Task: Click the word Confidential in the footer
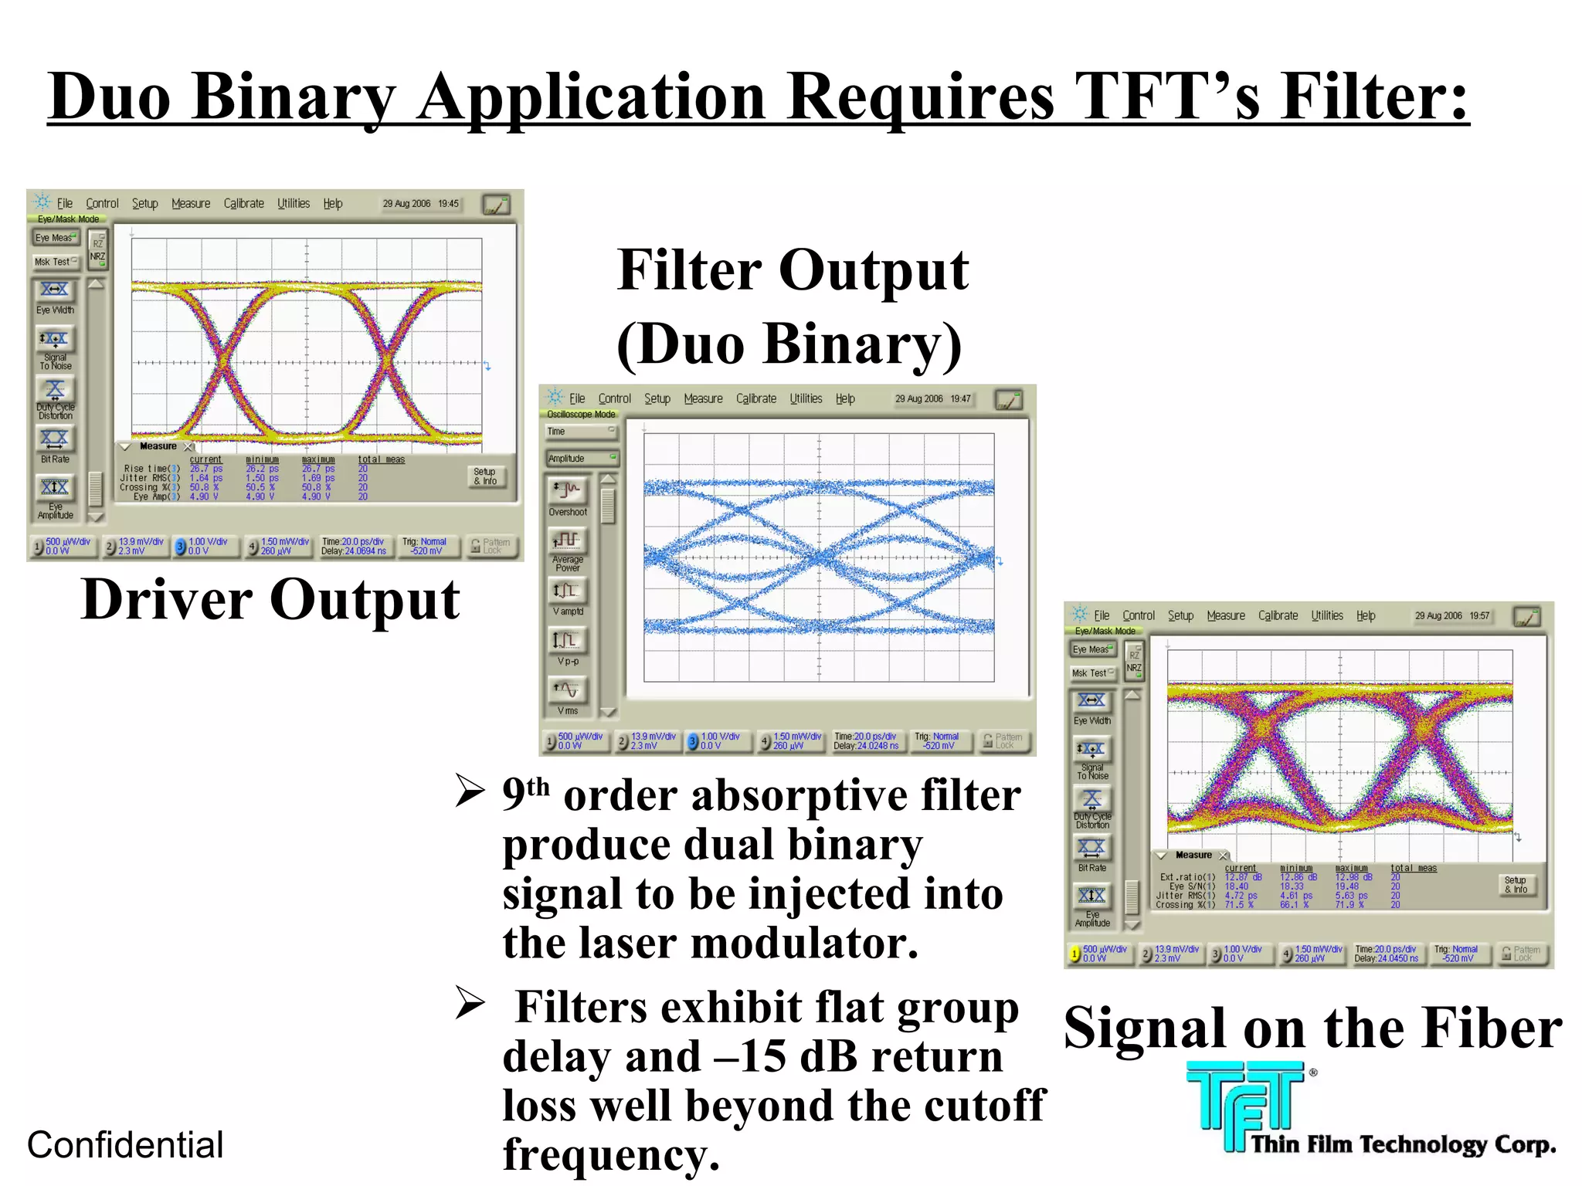tap(125, 1145)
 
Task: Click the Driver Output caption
tap(270, 600)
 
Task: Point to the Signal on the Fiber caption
tap(1312, 1028)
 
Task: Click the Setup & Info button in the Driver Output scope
tap(485, 476)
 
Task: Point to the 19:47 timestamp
tap(960, 399)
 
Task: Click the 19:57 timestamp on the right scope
tap(1479, 616)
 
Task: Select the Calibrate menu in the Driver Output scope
tap(243, 204)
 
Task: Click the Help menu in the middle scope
tap(845, 399)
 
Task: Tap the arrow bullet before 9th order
tap(470, 791)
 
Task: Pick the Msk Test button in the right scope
tap(1091, 673)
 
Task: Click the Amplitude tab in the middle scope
tap(580, 459)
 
